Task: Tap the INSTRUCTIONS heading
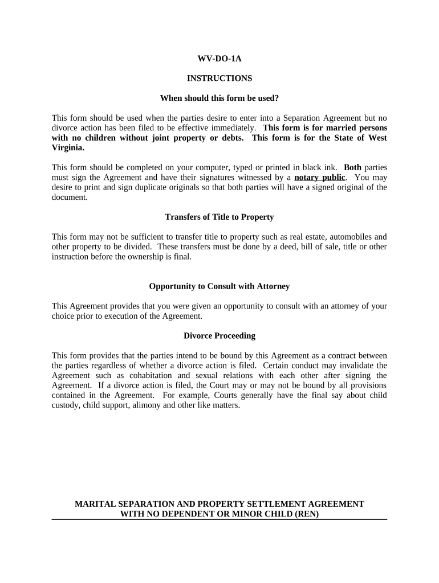(x=219, y=78)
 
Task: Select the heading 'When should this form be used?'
(x=219, y=98)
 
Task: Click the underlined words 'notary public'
(x=319, y=177)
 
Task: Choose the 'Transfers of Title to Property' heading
(x=219, y=217)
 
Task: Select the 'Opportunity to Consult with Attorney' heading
(x=219, y=286)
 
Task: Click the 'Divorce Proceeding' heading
(x=219, y=335)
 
